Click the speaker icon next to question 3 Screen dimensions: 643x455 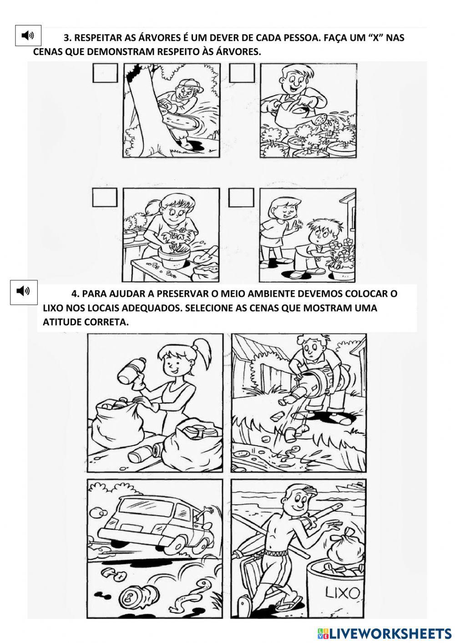[x=28, y=35]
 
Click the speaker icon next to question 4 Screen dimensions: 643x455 [x=23, y=291]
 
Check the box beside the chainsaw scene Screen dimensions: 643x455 [x=105, y=73]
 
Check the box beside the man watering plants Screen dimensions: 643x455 [x=242, y=73]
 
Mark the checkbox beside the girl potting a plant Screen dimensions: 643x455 [x=105, y=198]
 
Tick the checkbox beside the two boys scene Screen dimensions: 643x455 [x=241, y=198]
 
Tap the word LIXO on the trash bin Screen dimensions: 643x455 [x=342, y=593]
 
